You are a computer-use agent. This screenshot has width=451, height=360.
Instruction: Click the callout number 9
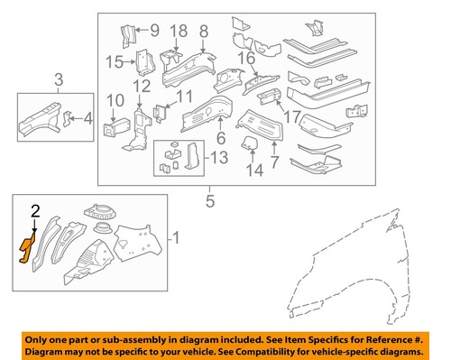point(153,31)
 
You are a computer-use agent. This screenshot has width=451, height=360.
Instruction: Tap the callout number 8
point(204,31)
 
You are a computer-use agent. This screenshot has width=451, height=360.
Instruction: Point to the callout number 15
point(114,61)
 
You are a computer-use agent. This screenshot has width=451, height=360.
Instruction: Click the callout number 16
point(246,60)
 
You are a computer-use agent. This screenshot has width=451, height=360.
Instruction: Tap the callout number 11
point(184,96)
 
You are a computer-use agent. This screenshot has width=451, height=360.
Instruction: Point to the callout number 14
point(254,169)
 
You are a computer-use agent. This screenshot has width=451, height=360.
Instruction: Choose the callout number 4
point(87,117)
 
